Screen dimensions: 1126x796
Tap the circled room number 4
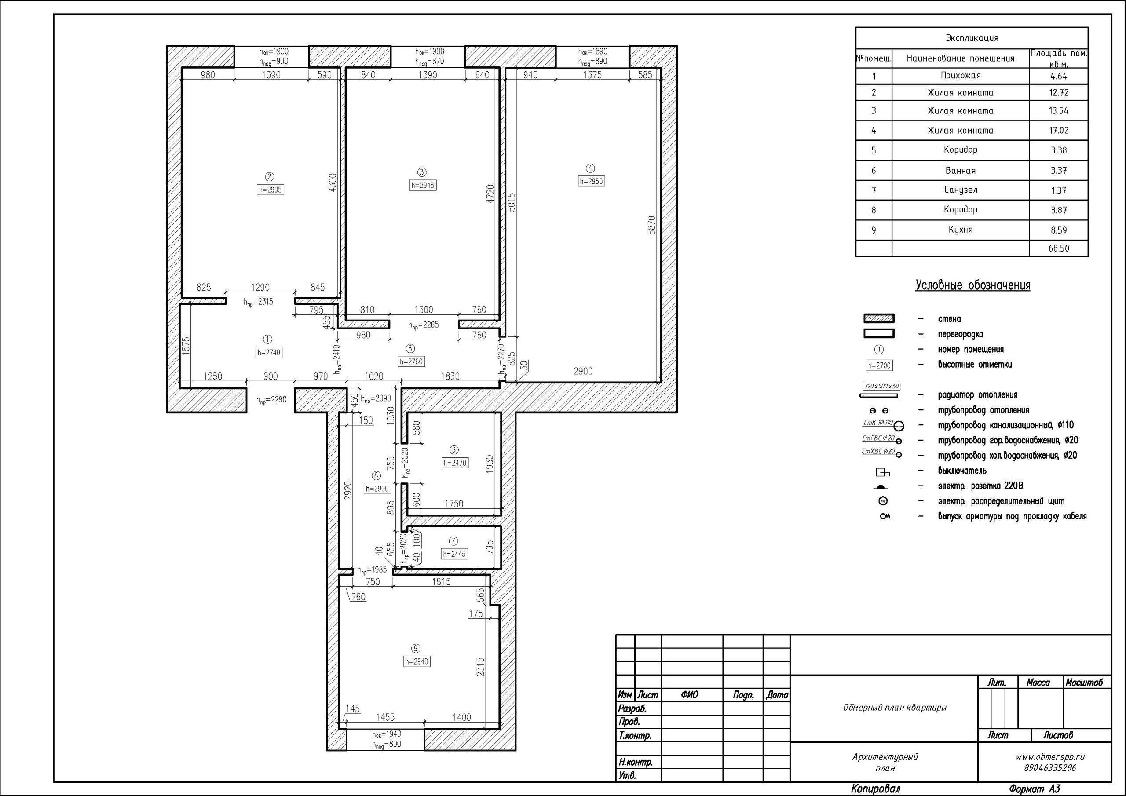590,168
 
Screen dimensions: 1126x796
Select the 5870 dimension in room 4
652,225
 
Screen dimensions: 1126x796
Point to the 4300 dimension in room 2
333,183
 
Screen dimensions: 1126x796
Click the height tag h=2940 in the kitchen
417,661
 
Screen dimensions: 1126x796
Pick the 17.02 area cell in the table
1059,131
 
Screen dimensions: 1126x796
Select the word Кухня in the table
961,230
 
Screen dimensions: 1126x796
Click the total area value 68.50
1059,248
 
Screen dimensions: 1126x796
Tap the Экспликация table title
972,38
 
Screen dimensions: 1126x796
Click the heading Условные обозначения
972,285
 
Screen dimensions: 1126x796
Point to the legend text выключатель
962,471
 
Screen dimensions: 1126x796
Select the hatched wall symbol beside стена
879,319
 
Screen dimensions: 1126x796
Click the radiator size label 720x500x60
882,387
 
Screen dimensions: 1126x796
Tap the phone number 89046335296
1050,768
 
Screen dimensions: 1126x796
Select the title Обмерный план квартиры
895,708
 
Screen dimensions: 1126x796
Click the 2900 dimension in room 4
583,371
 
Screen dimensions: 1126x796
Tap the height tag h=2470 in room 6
455,463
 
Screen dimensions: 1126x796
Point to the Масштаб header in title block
1084,683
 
